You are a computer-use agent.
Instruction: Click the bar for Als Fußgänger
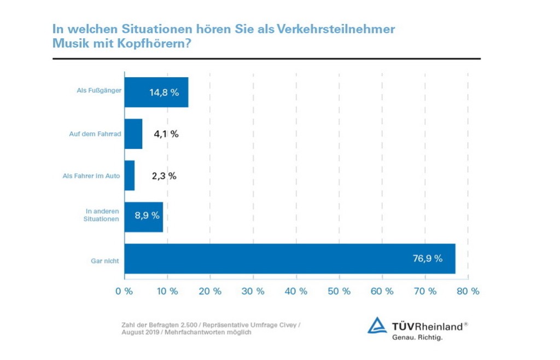156,92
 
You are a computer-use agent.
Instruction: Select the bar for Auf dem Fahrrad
133,134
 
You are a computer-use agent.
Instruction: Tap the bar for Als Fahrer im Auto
130,176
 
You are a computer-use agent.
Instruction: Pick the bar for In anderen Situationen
143,217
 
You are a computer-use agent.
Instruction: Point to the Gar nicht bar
290,259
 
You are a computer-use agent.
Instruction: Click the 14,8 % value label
164,92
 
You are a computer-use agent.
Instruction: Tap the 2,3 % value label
164,176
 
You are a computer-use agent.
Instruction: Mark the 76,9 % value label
428,258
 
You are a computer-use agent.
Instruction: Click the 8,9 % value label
147,215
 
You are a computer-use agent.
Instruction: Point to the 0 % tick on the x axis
124,292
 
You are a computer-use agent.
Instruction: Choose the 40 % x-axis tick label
296,292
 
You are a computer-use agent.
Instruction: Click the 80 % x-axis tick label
468,292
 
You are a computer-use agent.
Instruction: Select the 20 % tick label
210,292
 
